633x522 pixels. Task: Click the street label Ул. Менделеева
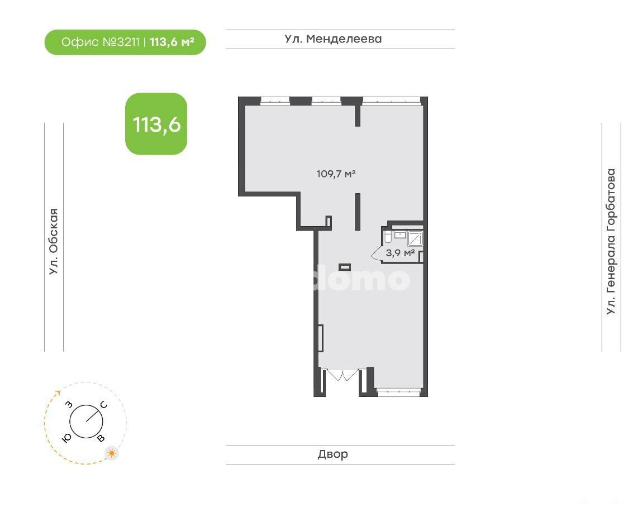333,39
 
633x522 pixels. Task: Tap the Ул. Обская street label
54,241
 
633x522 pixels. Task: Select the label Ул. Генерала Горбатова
611,241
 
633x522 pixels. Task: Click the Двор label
333,454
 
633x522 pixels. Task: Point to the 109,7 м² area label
336,174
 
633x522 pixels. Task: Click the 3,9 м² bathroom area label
400,253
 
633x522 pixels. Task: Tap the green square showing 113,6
156,124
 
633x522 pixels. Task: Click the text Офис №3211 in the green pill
101,42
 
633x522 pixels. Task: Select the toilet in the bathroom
388,237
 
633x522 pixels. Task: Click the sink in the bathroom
400,234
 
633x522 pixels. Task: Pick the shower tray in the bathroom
415,238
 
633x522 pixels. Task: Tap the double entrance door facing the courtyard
342,375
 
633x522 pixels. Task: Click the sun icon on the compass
112,453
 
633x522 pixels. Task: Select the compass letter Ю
67,438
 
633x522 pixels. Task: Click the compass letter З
69,405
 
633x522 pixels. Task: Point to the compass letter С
104,405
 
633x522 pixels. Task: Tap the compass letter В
101,438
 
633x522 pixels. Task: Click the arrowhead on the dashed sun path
58,392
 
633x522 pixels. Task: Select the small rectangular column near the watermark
344,267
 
